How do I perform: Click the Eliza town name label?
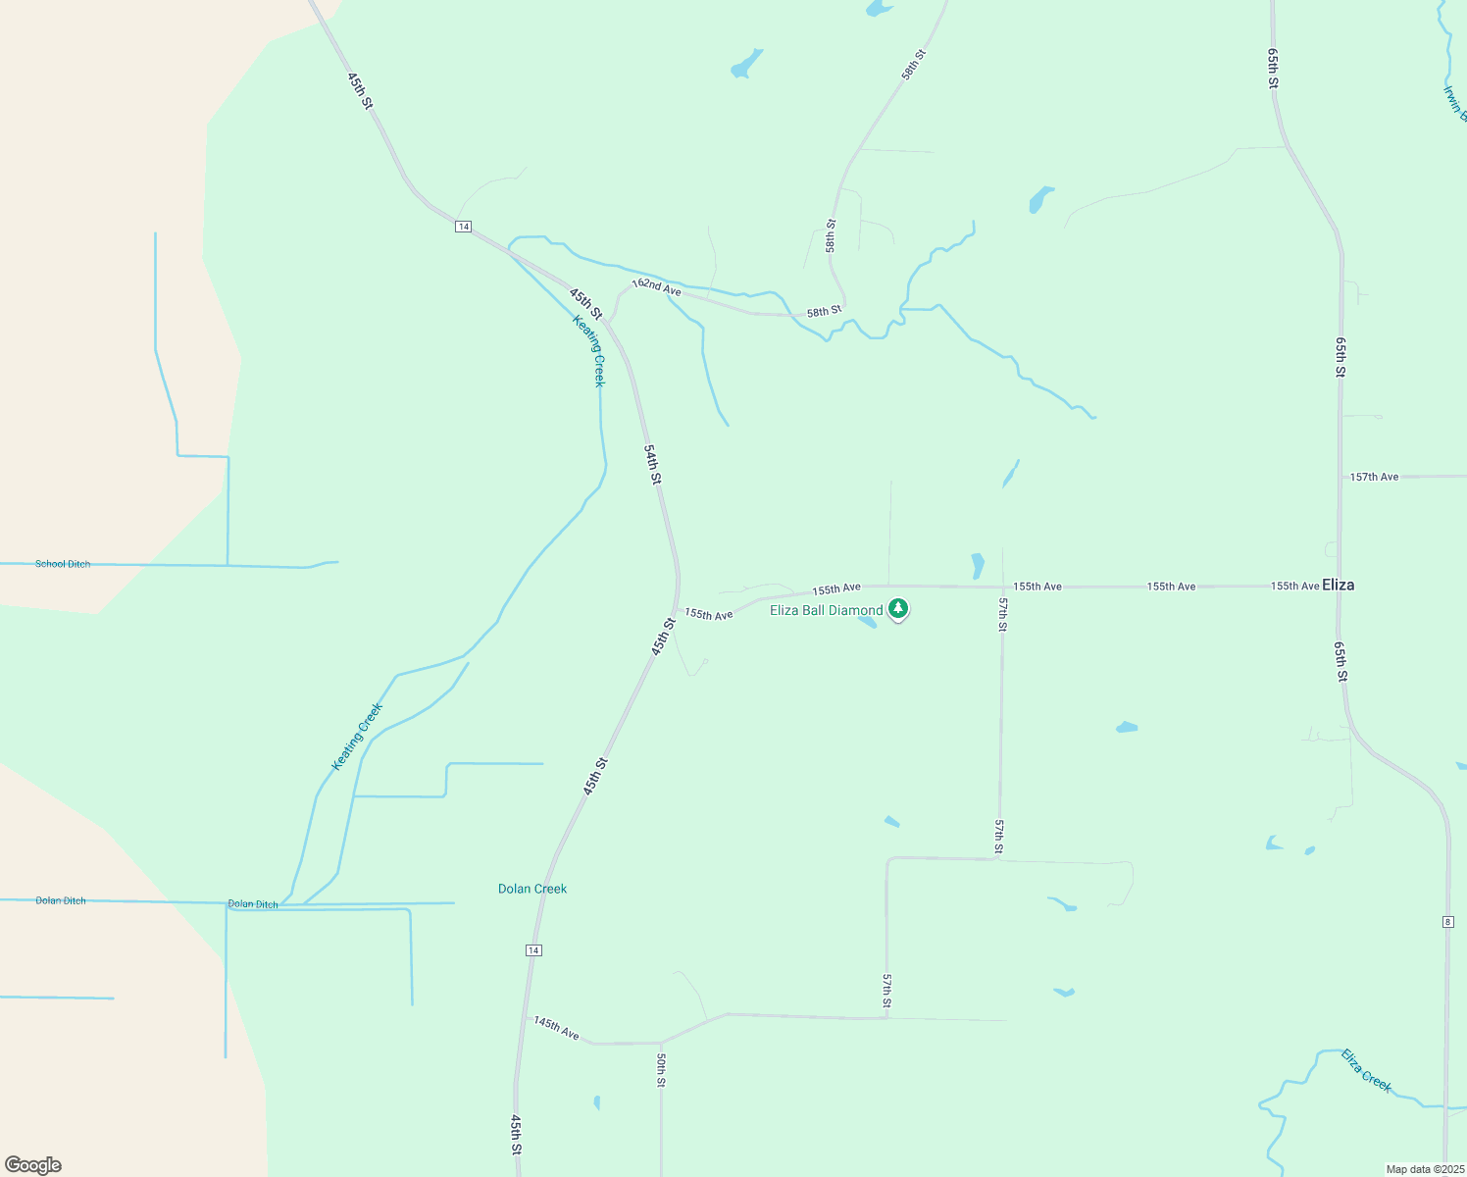pyautogui.click(x=1338, y=585)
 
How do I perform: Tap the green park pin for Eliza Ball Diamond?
pyautogui.click(x=897, y=609)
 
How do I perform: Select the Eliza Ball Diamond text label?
pyautogui.click(x=826, y=610)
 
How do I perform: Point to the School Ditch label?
pyautogui.click(x=63, y=564)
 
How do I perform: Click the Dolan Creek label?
pyautogui.click(x=532, y=889)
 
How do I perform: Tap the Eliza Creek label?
pyautogui.click(x=1366, y=1069)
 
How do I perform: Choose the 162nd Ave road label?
pyautogui.click(x=656, y=286)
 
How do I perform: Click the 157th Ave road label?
pyautogui.click(x=1374, y=477)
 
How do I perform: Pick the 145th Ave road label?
pyautogui.click(x=556, y=1028)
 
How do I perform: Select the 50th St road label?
pyautogui.click(x=662, y=1069)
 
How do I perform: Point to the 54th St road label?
pyautogui.click(x=652, y=463)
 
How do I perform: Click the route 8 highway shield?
pyautogui.click(x=1447, y=922)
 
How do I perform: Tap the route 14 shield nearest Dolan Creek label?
pyautogui.click(x=532, y=950)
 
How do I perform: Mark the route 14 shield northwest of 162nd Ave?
pyautogui.click(x=464, y=227)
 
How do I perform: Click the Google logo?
pyautogui.click(x=33, y=1165)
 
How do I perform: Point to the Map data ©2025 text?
pyautogui.click(x=1423, y=1169)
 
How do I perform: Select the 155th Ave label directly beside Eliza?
pyautogui.click(x=1294, y=586)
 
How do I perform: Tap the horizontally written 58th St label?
pyautogui.click(x=824, y=312)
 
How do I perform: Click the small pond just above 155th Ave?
pyautogui.click(x=977, y=566)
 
